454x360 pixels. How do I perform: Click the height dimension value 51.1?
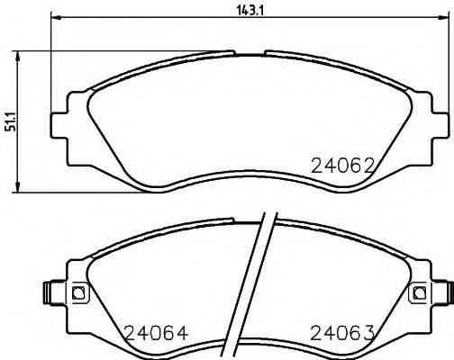(10, 121)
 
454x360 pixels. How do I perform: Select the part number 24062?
(341, 166)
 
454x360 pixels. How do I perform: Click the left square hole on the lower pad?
(77, 292)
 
